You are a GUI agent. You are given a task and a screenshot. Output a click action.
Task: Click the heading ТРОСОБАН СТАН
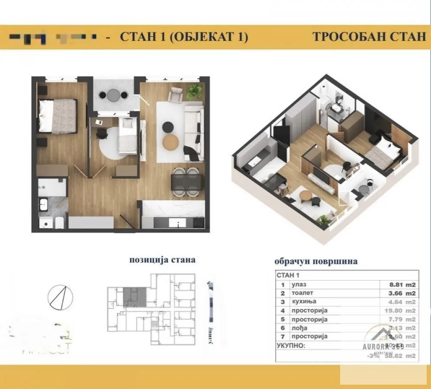pos(369,37)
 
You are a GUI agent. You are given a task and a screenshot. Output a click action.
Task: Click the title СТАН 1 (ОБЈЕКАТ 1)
pos(183,37)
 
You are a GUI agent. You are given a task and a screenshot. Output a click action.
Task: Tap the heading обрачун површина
pos(316,261)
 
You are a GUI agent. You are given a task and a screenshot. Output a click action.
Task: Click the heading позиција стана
pos(162,260)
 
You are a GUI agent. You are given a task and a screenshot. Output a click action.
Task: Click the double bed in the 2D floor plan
pos(57,116)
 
